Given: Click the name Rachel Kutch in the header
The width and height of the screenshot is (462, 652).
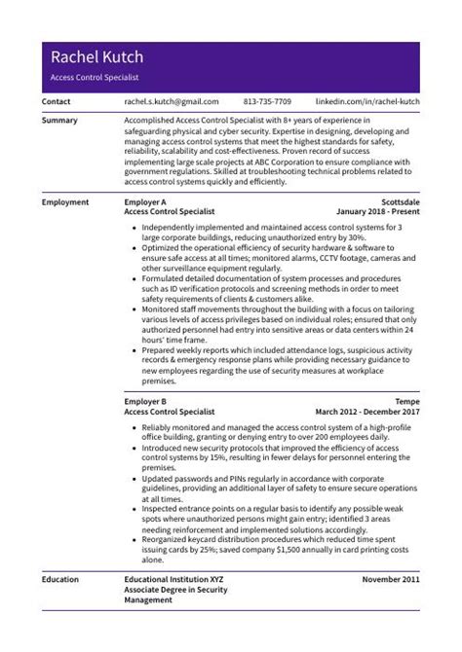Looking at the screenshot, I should pyautogui.click(x=96, y=57).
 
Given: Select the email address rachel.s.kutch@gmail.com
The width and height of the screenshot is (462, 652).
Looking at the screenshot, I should pyautogui.click(x=171, y=101).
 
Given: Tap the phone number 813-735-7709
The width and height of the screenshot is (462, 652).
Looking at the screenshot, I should pyautogui.click(x=267, y=101).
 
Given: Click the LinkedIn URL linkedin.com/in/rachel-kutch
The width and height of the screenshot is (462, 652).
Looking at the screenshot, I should pyautogui.click(x=367, y=101).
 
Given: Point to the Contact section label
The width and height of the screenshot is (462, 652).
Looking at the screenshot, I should pyautogui.click(x=57, y=101).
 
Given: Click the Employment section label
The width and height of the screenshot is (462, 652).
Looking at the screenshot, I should pyautogui.click(x=65, y=202).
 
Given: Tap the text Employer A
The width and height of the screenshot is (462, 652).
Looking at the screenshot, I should pyautogui.click(x=145, y=202).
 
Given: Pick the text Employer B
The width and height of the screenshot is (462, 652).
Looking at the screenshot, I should pyautogui.click(x=145, y=401).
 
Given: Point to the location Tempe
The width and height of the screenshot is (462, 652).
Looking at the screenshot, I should pyautogui.click(x=406, y=401).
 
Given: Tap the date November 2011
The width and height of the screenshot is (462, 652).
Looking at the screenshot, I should pyautogui.click(x=390, y=579).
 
